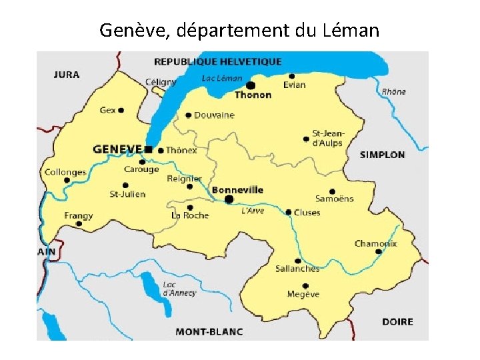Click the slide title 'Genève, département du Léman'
pos(239,30)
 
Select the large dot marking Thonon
pos(251,85)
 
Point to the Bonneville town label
pos(237,190)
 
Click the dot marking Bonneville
pos(229,199)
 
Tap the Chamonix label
pos(375,243)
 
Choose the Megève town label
pos(303,294)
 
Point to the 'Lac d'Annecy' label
pos(179,289)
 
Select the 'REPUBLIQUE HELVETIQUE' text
pos(218,62)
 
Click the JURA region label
pos(66,75)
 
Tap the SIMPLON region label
pos(382,155)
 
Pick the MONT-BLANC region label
pos(209,331)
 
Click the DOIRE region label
pos(397,321)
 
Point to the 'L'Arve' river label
pos(253,211)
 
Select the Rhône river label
pos(393,91)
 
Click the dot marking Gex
pos(121,110)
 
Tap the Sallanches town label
pos(297,269)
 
